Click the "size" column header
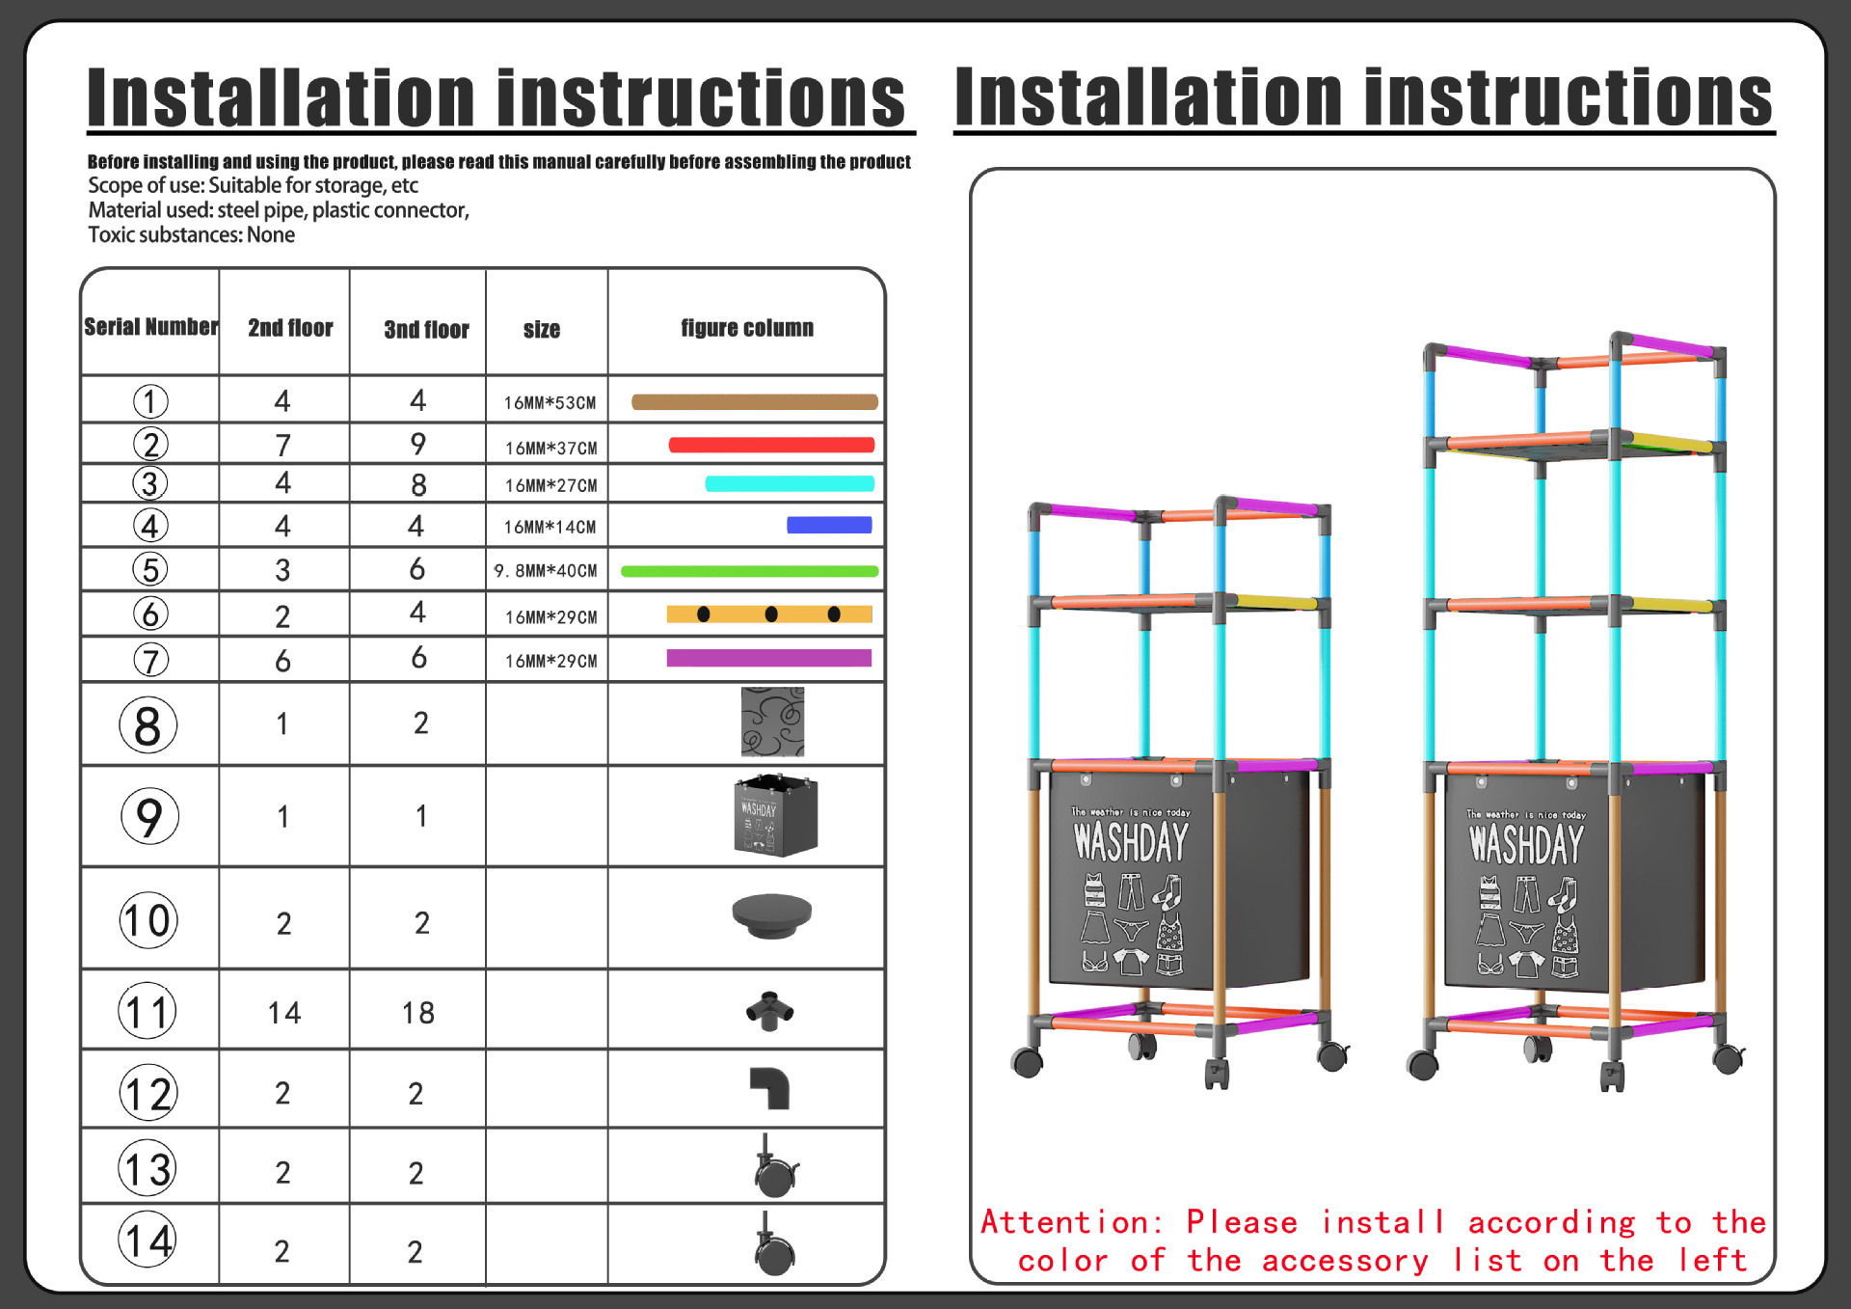tap(542, 330)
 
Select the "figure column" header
tap(746, 328)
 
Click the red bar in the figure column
tap(771, 445)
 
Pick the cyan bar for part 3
tap(790, 484)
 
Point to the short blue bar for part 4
tap(829, 526)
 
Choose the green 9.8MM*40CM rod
tap(749, 571)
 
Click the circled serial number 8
tap(148, 725)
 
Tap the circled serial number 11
tap(148, 1012)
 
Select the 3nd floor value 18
tap(418, 1013)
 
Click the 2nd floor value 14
tap(284, 1013)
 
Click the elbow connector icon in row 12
tap(770, 1088)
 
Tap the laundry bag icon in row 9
tap(775, 816)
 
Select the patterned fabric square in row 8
tap(772, 722)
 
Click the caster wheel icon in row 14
tap(773, 1246)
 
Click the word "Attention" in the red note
tap(1063, 1222)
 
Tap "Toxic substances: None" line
tap(191, 235)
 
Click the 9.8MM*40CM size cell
tap(546, 571)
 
